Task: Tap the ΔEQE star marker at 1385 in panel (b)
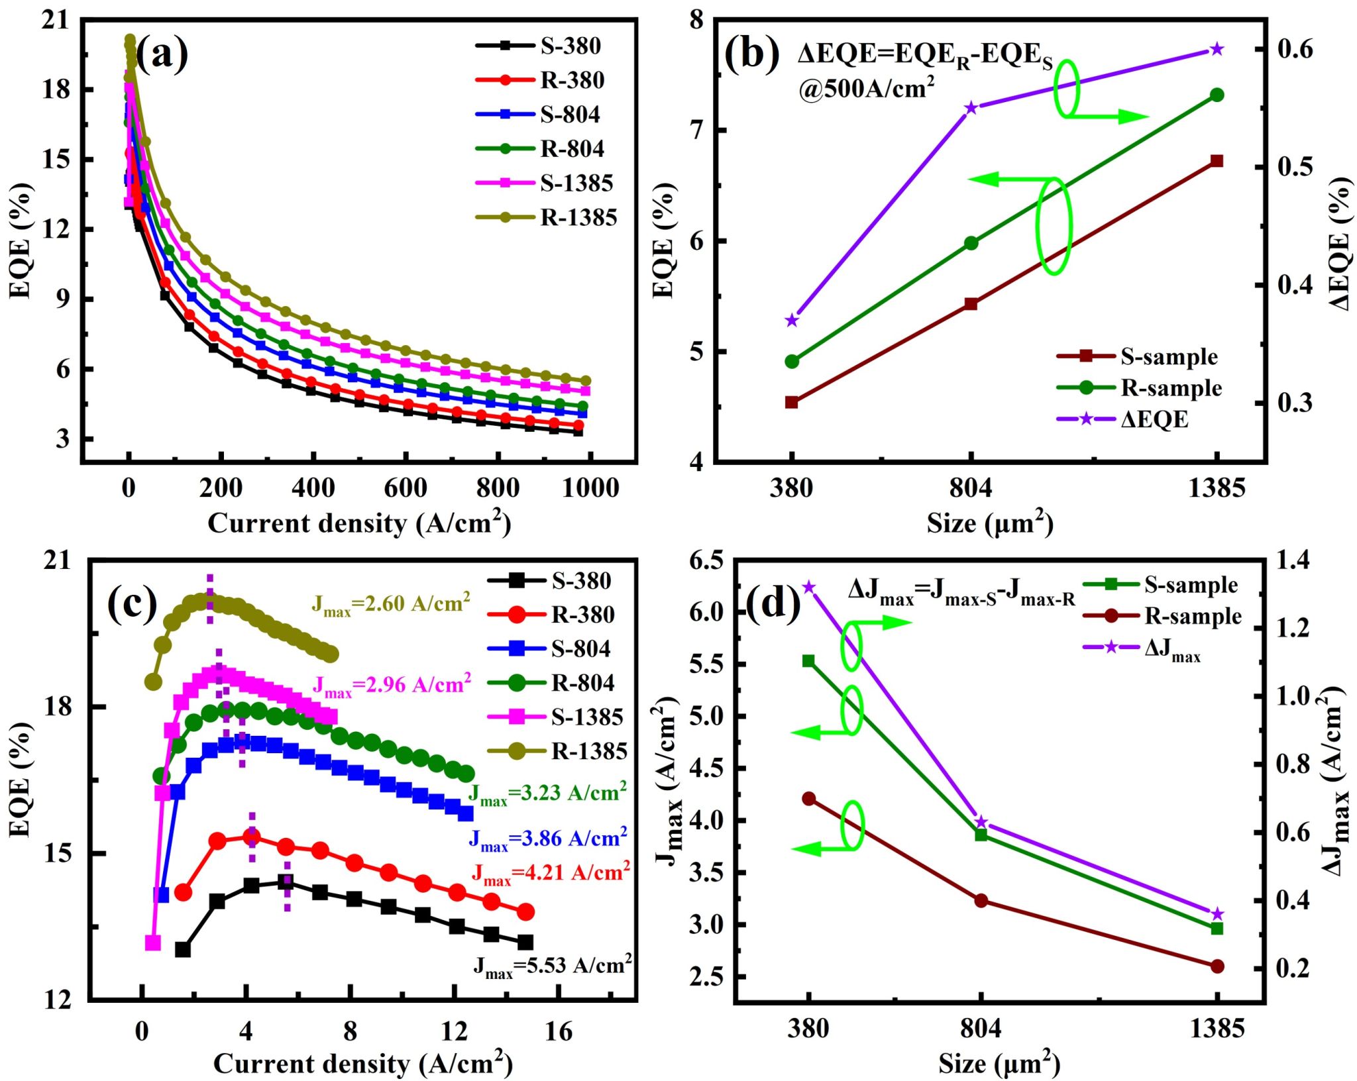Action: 1217,50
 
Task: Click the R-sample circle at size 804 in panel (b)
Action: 971,243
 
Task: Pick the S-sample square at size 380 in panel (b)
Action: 792,402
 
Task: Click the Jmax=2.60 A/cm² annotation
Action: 391,604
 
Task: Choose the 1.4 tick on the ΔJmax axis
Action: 1294,561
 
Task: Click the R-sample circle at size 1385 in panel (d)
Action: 1217,966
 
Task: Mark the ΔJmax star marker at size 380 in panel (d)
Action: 808,588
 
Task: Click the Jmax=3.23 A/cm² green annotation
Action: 547,794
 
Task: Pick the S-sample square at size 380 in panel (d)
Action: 808,661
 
